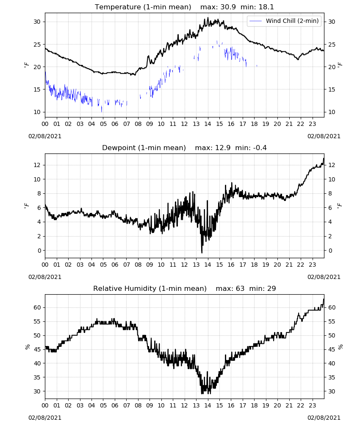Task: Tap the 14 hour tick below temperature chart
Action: (x=208, y=124)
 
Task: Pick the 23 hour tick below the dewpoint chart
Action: (x=312, y=265)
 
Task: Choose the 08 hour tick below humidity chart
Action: (x=138, y=406)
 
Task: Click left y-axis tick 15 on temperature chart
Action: (x=37, y=89)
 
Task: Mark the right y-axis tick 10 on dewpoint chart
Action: (x=332, y=179)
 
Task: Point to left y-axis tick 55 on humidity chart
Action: (x=37, y=321)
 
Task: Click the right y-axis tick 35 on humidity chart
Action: (x=332, y=377)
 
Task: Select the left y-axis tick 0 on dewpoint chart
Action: (x=39, y=251)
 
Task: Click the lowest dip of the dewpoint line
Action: (x=202, y=253)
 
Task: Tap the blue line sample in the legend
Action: (x=256, y=21)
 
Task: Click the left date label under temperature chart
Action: (x=45, y=136)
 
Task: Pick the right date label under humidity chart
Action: (x=324, y=418)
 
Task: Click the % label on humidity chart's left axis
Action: (x=28, y=347)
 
